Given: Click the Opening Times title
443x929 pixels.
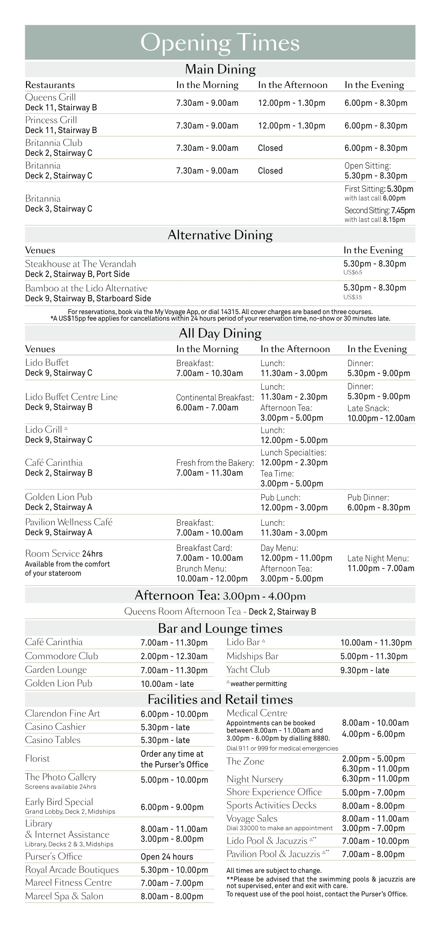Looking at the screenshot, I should (x=220, y=43).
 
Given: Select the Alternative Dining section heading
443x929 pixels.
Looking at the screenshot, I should (x=220, y=235).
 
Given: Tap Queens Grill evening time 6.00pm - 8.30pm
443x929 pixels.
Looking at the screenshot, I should (x=376, y=103).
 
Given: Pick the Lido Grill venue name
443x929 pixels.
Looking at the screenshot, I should (x=43, y=429).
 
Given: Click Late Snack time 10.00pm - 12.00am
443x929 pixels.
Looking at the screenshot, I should (x=381, y=418).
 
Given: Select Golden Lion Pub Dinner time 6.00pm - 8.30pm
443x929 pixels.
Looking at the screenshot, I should (x=379, y=507).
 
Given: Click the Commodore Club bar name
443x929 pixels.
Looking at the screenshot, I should (x=61, y=656).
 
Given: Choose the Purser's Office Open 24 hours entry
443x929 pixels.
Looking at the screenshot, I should (x=167, y=857).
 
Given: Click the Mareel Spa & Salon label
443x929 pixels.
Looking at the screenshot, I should (x=64, y=896).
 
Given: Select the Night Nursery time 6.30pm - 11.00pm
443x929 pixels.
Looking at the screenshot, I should (x=375, y=779).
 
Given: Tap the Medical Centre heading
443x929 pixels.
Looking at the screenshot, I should (x=257, y=713).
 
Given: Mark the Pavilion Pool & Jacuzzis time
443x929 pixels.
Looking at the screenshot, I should (x=375, y=854).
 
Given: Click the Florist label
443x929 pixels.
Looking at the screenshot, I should (x=37, y=758).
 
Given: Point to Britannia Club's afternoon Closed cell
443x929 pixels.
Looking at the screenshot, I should (x=270, y=148).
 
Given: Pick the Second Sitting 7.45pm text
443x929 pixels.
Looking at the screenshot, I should (x=379, y=210).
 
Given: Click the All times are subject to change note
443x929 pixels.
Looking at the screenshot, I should (x=274, y=870).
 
